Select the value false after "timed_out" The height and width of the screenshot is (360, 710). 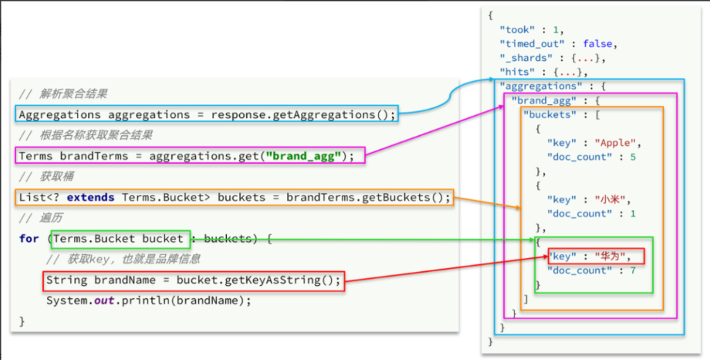click(x=597, y=44)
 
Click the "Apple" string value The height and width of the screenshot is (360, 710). click(x=616, y=144)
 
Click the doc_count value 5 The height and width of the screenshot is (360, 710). click(x=633, y=157)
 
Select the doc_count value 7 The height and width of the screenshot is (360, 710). click(x=633, y=271)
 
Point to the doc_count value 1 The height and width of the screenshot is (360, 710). click(x=633, y=214)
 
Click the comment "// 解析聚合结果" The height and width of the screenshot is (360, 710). click(x=63, y=94)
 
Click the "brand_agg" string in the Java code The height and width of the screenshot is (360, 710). click(x=305, y=156)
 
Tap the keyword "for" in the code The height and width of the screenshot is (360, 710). click(x=29, y=239)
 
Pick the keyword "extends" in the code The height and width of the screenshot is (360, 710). click(x=91, y=198)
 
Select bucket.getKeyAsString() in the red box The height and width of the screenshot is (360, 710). click(x=258, y=280)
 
